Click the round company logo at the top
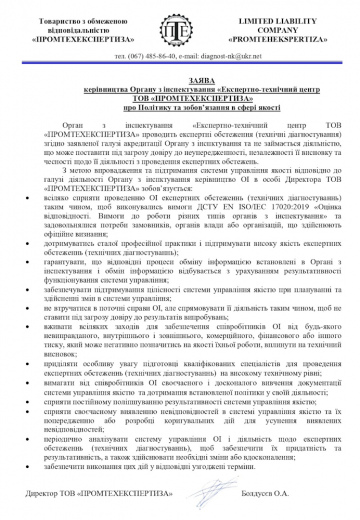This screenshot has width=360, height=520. tap(181, 32)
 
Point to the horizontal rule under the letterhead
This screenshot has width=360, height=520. tap(180, 67)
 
